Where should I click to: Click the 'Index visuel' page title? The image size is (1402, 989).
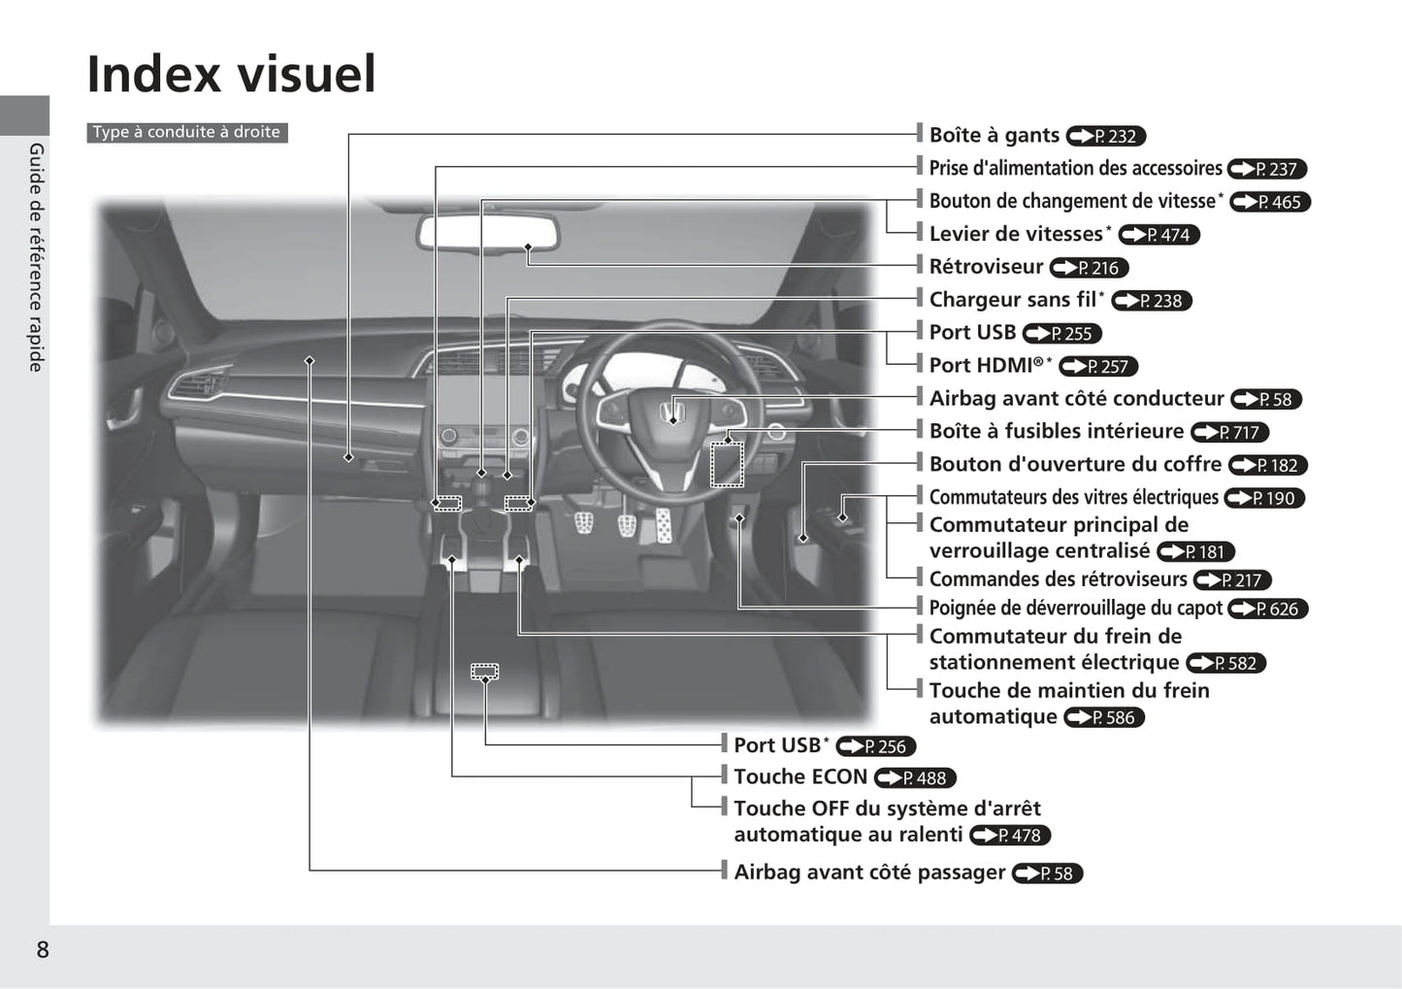[x=231, y=74]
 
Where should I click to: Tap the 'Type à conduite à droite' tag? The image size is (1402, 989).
[x=186, y=132]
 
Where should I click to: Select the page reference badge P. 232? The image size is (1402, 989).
[x=1105, y=136]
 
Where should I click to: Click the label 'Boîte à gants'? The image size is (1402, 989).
[x=994, y=135]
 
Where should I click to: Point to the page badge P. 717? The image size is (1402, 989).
[x=1229, y=432]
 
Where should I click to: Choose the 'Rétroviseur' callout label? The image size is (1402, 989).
[x=986, y=267]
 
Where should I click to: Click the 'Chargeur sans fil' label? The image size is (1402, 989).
[x=1013, y=299]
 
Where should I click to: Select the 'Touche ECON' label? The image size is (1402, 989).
[x=799, y=776]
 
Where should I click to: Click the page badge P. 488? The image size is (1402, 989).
[x=914, y=778]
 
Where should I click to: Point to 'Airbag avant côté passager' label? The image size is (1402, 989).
[x=869, y=872]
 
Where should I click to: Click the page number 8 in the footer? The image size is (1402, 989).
[x=43, y=949]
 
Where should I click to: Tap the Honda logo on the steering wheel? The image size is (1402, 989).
[x=672, y=412]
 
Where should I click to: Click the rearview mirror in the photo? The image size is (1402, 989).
[x=488, y=234]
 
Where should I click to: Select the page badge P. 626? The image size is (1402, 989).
[x=1267, y=609]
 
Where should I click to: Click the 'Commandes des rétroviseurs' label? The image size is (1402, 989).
[x=1058, y=579]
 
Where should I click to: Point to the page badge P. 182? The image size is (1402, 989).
[x=1267, y=465]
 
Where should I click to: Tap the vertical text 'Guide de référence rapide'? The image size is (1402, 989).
[x=36, y=257]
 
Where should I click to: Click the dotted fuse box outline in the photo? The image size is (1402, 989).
[x=727, y=465]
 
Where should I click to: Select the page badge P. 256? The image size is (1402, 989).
[x=875, y=746]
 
